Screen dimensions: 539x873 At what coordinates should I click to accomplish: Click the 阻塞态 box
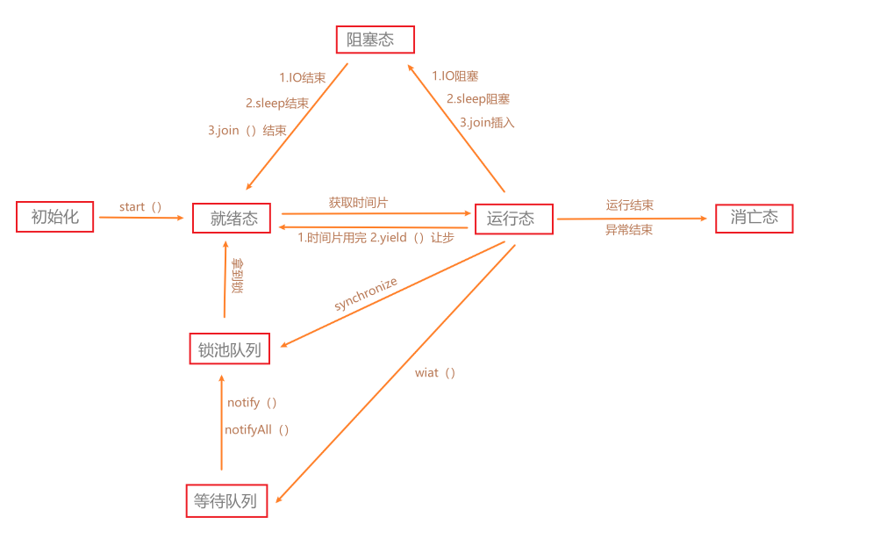[375, 40]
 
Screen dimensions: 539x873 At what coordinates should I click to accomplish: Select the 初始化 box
[54, 217]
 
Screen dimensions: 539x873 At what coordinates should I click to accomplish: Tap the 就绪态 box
[232, 219]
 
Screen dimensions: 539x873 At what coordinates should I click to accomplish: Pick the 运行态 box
[513, 219]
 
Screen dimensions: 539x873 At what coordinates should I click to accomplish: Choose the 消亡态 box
[754, 219]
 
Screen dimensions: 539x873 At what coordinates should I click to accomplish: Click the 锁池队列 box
[230, 349]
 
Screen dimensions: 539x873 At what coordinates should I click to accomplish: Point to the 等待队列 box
[226, 500]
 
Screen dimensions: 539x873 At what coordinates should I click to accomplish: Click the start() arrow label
[141, 207]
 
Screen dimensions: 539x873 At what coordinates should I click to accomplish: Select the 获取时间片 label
[358, 203]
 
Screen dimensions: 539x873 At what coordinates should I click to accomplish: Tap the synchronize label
[366, 293]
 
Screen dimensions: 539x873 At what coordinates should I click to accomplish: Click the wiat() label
[436, 373]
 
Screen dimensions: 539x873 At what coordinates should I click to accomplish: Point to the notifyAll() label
[257, 429]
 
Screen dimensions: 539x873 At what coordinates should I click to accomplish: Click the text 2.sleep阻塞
[478, 99]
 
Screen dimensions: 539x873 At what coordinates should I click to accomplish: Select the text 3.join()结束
[247, 130]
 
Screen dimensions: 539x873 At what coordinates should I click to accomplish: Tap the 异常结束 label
[629, 230]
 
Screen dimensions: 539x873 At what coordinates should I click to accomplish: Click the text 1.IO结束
[303, 77]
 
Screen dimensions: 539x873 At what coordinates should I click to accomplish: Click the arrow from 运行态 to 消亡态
[632, 219]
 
